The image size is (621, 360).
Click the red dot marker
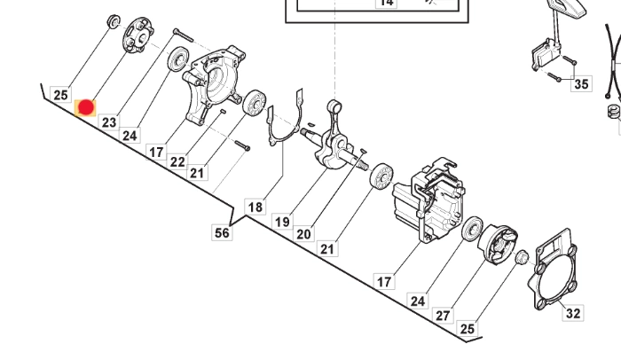coord(86,107)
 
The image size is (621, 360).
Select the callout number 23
coord(109,122)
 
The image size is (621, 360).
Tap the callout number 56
coord(222,232)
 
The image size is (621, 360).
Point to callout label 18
coord(255,207)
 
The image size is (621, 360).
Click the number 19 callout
coord(282,222)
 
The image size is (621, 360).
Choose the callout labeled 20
coord(303,234)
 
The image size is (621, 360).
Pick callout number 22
coord(177,161)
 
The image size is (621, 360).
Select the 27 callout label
coord(443,316)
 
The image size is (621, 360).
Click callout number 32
coord(573,313)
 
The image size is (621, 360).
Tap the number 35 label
coord(581,84)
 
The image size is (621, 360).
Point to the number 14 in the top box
coord(386,3)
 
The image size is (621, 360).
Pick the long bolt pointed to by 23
coord(183,35)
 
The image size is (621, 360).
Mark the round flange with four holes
coord(138,35)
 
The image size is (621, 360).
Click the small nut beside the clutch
coord(522,257)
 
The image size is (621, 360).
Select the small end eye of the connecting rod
coord(334,106)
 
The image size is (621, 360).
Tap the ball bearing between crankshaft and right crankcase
coord(381,175)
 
